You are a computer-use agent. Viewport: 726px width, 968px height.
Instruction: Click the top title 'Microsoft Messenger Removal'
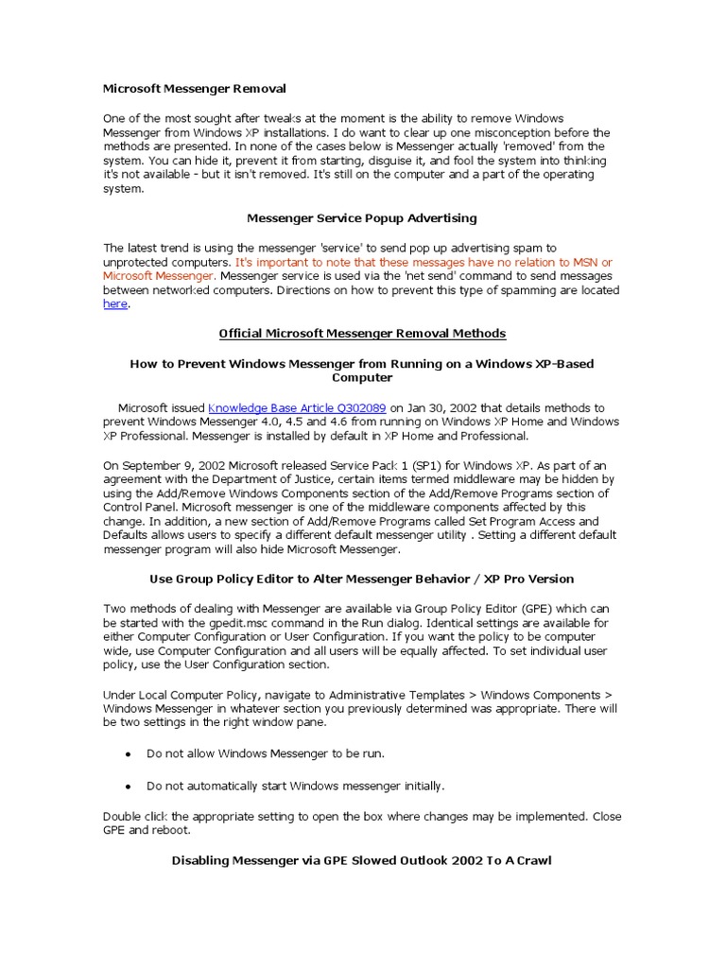pos(194,89)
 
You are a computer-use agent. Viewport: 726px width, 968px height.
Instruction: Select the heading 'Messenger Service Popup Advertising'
pos(362,218)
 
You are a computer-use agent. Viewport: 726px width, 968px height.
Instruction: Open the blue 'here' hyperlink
pos(114,304)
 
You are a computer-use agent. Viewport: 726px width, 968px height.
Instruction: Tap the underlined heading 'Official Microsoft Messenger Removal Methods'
pos(362,334)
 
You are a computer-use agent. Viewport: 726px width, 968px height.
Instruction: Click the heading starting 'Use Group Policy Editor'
pos(362,579)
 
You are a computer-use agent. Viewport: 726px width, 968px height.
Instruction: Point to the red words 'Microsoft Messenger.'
pos(160,276)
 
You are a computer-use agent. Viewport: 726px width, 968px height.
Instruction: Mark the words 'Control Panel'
pos(140,508)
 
